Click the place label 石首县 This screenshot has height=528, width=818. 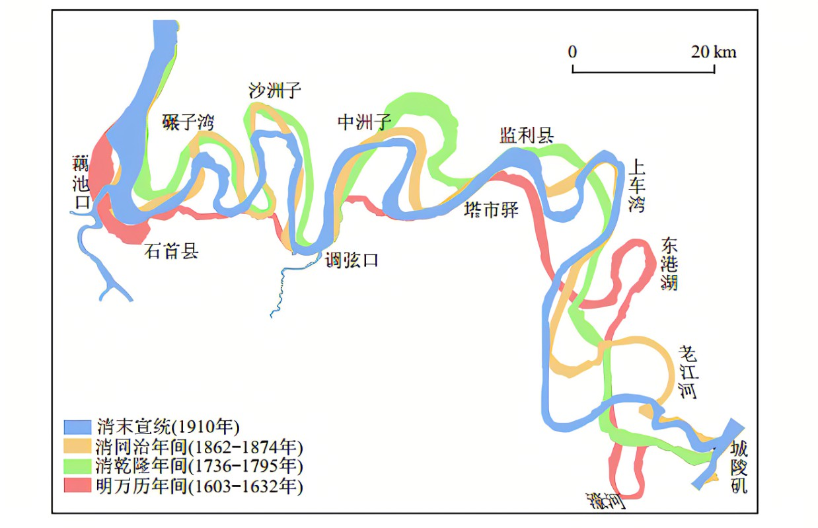click(171, 251)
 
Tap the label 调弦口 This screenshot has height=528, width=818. click(352, 260)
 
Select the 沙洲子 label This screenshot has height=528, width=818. click(275, 90)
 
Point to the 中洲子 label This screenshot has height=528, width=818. click(365, 122)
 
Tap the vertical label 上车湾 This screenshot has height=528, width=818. click(636, 184)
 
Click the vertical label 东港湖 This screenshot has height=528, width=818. click(669, 264)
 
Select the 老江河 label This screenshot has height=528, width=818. click(687, 372)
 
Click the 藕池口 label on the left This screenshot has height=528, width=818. click(81, 182)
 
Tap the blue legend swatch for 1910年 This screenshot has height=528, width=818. click(77, 425)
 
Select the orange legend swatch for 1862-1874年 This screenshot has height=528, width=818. click(77, 445)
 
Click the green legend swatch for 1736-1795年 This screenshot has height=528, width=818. click(77, 466)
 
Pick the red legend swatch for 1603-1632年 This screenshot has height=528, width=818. click(77, 486)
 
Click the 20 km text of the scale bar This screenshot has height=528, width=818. click(714, 52)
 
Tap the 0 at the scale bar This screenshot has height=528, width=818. click(572, 52)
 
